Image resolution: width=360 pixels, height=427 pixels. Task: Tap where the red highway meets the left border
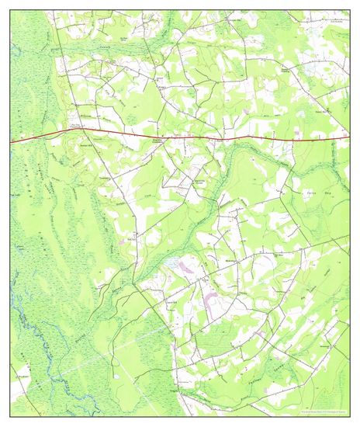pyautogui.click(x=11, y=142)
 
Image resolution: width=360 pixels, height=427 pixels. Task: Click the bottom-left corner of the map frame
pyautogui.click(x=11, y=416)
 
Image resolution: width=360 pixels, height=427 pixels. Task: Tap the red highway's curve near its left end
pyautogui.click(x=58, y=133)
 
